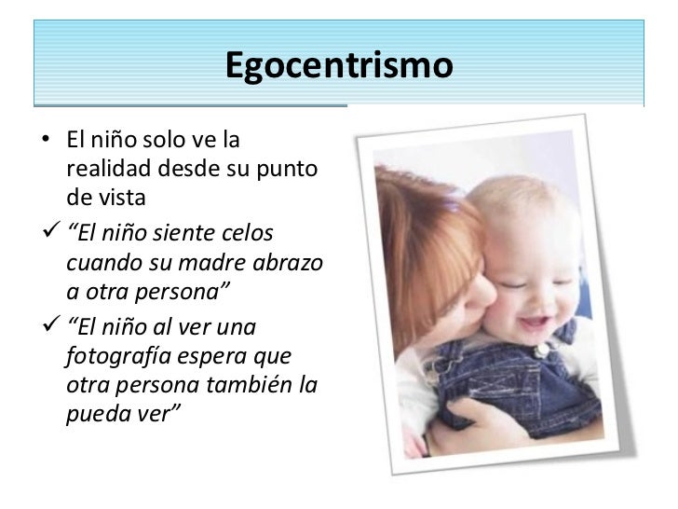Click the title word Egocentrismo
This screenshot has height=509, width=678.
tap(338, 66)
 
